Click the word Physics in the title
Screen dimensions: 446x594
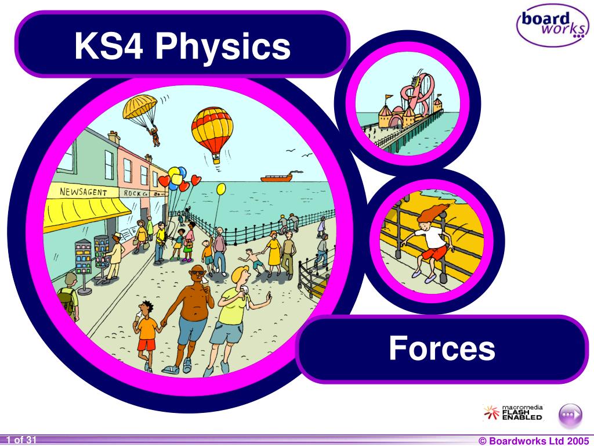pos(222,46)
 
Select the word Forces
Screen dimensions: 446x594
pos(442,348)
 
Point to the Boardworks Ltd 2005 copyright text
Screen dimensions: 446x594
pos(534,440)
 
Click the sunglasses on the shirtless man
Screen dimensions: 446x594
pos(197,272)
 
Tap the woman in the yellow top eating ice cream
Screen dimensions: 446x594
pos(235,314)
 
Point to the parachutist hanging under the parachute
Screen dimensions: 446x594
pos(155,136)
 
